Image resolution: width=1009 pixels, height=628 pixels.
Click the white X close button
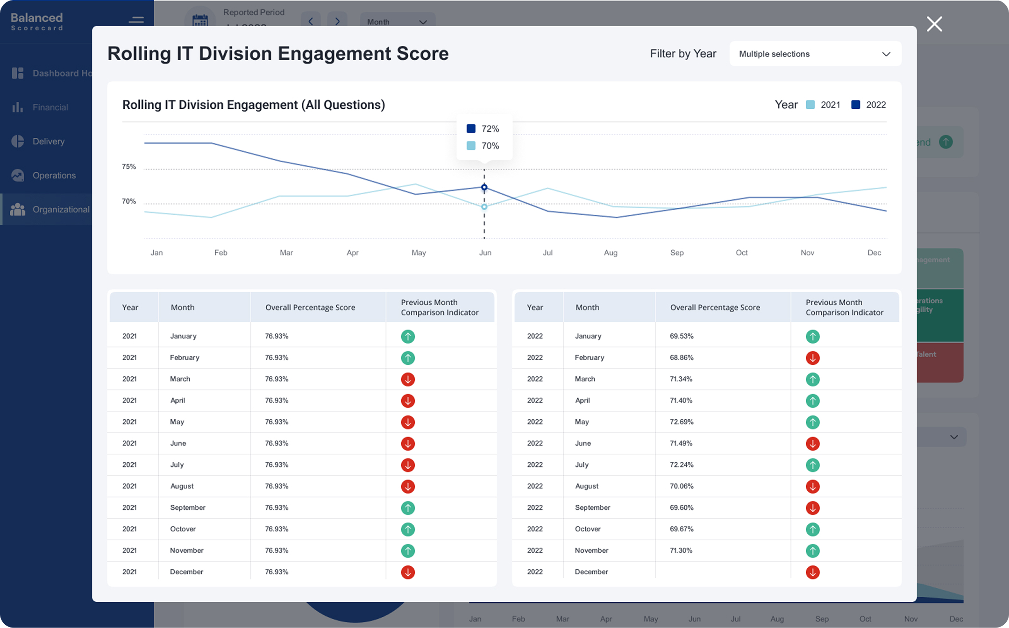pos(934,24)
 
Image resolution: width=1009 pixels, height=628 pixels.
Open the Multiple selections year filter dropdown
pos(815,54)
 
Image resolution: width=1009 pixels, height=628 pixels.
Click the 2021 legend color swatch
pos(810,105)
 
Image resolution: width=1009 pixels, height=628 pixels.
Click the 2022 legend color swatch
pos(855,105)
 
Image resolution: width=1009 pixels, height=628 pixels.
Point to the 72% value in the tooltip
pos(490,129)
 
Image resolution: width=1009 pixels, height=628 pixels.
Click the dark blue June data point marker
pos(484,187)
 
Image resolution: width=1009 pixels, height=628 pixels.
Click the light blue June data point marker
pos(484,206)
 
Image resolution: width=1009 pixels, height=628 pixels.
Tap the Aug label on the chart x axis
pos(611,253)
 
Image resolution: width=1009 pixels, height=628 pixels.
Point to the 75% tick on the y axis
pos(129,167)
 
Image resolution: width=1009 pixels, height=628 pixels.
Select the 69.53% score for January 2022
pos(682,336)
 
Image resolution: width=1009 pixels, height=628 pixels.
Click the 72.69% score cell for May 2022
pos(682,422)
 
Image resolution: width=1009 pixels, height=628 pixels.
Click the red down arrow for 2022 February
pos(812,358)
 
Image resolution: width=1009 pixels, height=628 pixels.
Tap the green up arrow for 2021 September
pos(408,508)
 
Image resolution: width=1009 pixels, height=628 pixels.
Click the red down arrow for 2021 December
pos(408,572)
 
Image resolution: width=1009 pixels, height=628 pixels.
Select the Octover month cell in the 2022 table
pos(588,529)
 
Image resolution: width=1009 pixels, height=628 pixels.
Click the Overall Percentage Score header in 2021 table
pos(310,307)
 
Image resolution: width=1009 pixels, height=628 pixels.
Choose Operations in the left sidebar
pos(54,176)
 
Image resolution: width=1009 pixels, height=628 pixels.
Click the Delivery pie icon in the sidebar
pos(18,141)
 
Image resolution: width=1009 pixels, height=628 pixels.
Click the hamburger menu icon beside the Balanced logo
pos(136,20)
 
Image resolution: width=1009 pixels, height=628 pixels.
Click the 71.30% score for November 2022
pos(681,550)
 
